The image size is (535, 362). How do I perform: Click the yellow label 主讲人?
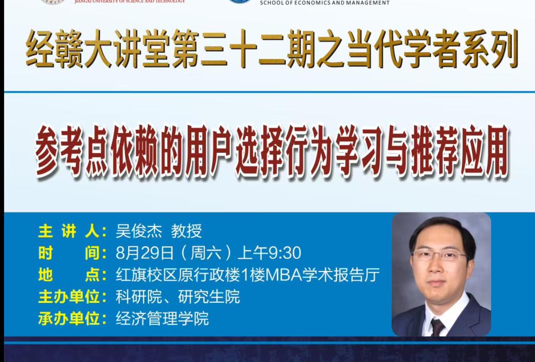69,232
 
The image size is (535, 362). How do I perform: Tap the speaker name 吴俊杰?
138,231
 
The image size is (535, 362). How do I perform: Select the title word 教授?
187,231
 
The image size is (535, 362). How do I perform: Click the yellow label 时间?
69,253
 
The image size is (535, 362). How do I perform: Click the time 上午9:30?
269,253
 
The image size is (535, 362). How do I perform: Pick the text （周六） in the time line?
206,253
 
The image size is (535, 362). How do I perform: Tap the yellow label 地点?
69,275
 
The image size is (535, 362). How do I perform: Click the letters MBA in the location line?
283,275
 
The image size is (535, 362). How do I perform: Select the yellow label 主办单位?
69,297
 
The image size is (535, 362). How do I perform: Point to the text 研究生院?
209,297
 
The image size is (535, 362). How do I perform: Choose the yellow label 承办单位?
69,319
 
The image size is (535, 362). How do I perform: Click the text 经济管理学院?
162,319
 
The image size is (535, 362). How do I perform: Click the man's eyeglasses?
439,255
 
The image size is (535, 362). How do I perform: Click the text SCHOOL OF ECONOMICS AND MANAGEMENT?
324,3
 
